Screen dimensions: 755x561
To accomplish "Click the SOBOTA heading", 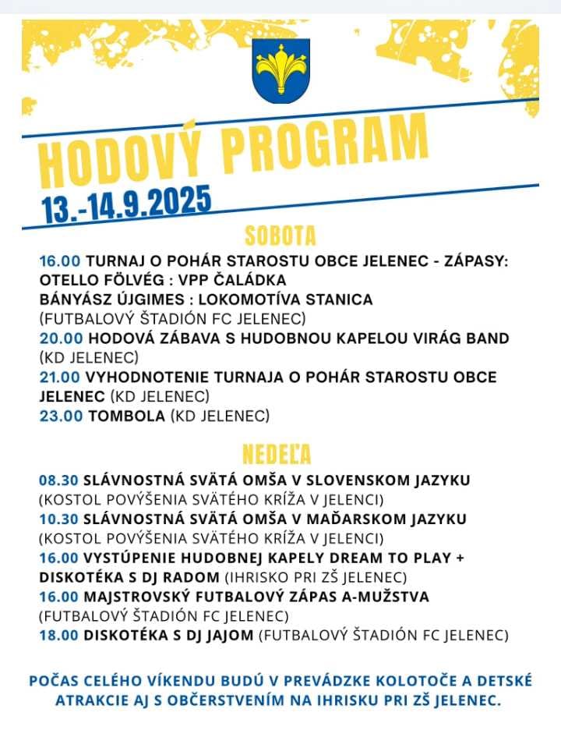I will (280, 236).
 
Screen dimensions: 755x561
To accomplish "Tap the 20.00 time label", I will (61, 338).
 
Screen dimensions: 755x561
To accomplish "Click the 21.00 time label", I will (61, 377).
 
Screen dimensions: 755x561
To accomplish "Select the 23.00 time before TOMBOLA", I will (61, 416).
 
